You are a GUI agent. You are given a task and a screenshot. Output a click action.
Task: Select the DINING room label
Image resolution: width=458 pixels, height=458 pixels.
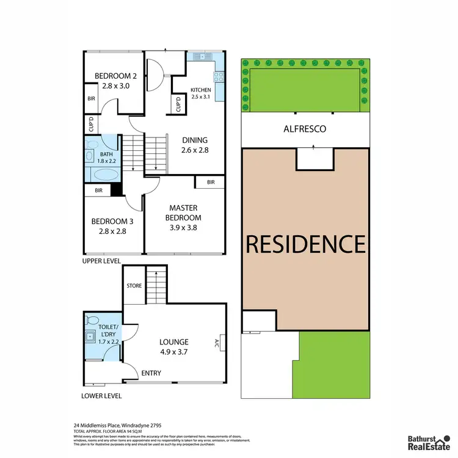195,140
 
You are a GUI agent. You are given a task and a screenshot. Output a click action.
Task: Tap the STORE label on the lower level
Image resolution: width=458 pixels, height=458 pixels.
134,285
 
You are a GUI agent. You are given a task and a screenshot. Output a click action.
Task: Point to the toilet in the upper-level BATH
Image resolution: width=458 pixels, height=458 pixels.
92,145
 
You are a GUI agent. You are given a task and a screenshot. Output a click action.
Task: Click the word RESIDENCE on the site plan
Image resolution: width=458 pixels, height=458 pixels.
305,244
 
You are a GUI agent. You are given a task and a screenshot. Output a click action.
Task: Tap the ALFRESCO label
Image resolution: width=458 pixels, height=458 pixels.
304,129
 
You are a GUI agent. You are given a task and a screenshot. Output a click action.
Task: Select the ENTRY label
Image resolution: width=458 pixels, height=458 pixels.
151,373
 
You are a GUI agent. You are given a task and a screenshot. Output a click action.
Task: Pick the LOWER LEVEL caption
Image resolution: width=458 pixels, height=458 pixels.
101,396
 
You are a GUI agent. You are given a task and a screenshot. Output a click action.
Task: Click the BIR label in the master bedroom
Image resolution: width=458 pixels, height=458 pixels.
210,182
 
